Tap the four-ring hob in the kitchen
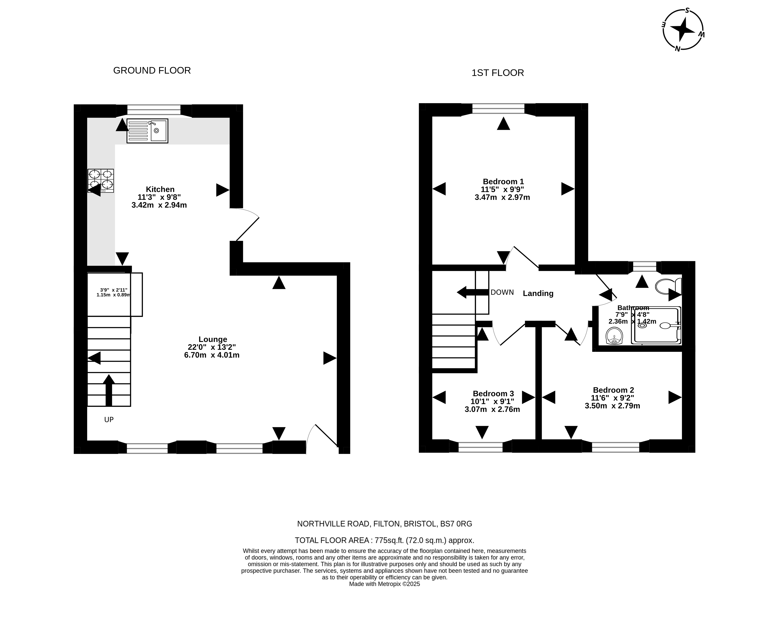[x=101, y=181]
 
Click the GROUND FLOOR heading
[x=152, y=71]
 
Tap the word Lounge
[x=213, y=339]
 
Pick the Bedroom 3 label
[x=493, y=394]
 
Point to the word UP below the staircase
[x=109, y=420]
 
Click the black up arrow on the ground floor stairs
[x=109, y=390]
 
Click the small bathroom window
[x=644, y=267]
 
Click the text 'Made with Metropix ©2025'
[x=384, y=584]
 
